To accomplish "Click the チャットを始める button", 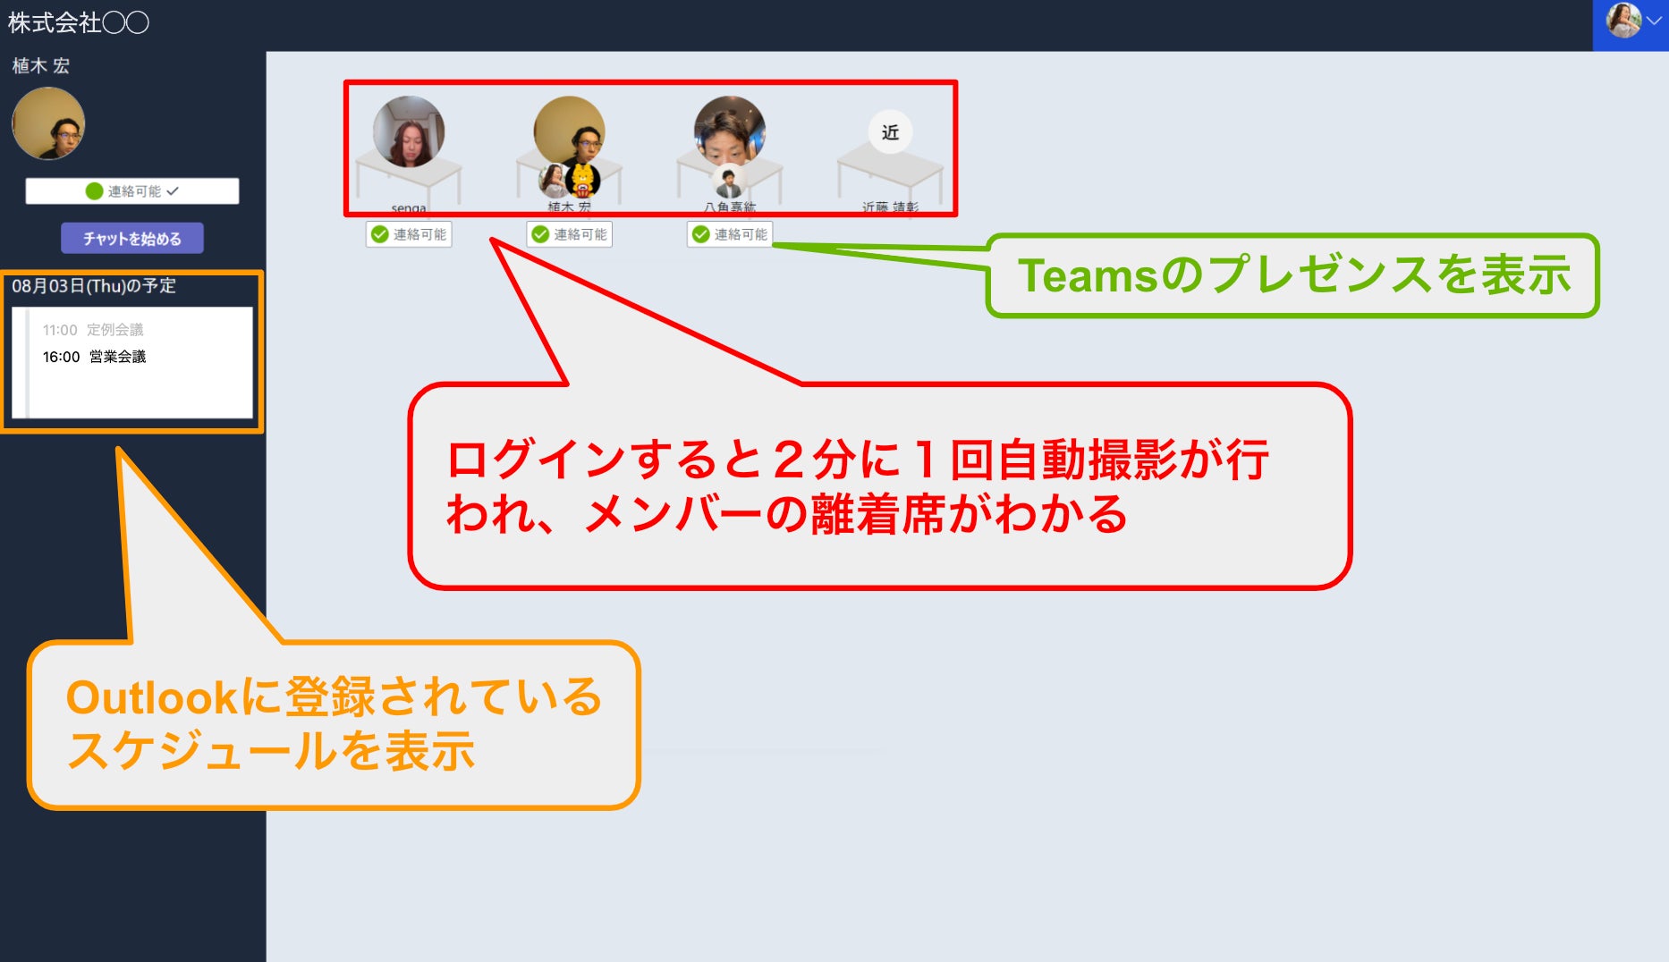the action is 132,239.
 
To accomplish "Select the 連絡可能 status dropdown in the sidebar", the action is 132,191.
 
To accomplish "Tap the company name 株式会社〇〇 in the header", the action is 79,22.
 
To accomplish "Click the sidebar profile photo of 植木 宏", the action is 48,123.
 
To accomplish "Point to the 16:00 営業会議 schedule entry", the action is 94,357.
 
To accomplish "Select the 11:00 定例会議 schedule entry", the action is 93,330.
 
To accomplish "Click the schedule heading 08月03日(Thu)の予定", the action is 94,286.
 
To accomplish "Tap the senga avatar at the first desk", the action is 409,131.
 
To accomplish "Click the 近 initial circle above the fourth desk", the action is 890,132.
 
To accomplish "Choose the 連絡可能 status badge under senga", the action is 410,234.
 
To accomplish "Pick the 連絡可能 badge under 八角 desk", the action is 731,234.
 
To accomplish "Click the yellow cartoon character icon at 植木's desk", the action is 583,181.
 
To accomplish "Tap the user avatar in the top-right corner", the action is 1623,21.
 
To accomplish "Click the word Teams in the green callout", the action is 1088,275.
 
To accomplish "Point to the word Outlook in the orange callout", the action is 151,698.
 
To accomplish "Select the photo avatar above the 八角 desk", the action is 729,131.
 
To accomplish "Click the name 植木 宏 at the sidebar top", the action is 41,65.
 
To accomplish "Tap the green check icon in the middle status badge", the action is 540,234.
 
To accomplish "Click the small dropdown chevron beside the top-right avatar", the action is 1654,21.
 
